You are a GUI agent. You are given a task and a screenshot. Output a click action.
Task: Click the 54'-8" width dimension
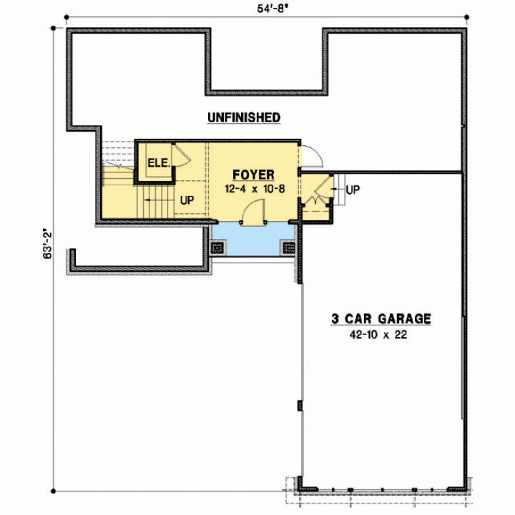coord(270,9)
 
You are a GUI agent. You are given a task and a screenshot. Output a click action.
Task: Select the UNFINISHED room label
coord(244,117)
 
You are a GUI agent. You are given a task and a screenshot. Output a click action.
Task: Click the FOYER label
coord(253,175)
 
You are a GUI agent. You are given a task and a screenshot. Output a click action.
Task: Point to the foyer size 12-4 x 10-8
coord(255,189)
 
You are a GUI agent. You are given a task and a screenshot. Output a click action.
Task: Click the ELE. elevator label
coord(159,163)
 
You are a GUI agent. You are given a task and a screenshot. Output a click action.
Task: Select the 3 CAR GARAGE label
coord(381,318)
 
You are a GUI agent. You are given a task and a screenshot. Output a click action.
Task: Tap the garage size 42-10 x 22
coord(378,335)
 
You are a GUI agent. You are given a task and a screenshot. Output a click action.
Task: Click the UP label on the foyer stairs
coord(187,200)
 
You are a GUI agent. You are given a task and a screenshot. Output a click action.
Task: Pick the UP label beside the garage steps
coord(353,190)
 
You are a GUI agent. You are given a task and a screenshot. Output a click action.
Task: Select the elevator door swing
coord(182,155)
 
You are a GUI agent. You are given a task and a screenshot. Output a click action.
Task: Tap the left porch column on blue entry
coord(217,247)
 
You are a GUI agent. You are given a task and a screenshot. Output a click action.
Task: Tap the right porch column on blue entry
coord(289,247)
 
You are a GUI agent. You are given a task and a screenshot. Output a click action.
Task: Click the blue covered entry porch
coord(253,239)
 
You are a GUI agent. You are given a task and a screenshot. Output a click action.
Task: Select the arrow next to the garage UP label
coord(337,189)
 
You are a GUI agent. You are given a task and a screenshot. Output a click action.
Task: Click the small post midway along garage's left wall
coord(300,406)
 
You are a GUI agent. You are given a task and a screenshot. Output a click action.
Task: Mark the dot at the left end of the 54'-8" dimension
coord(67,17)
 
